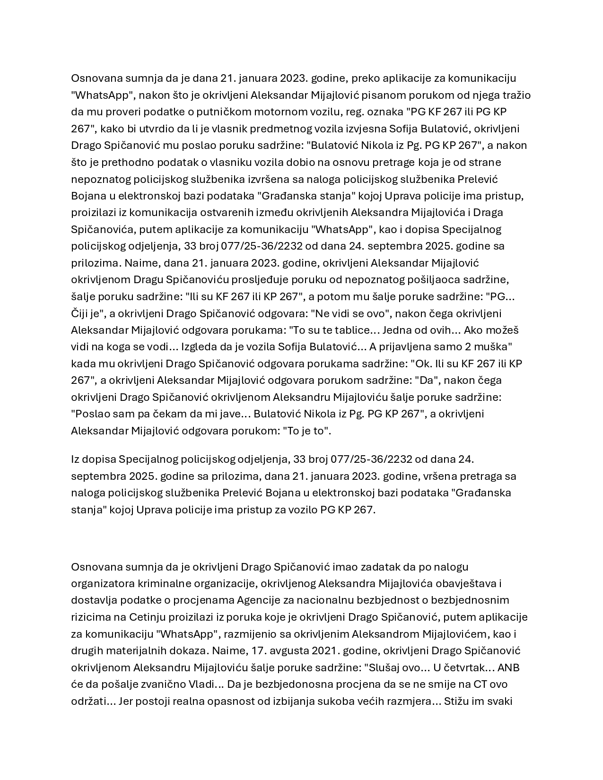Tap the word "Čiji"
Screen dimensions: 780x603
click(80, 313)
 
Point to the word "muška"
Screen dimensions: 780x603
click(492, 347)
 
